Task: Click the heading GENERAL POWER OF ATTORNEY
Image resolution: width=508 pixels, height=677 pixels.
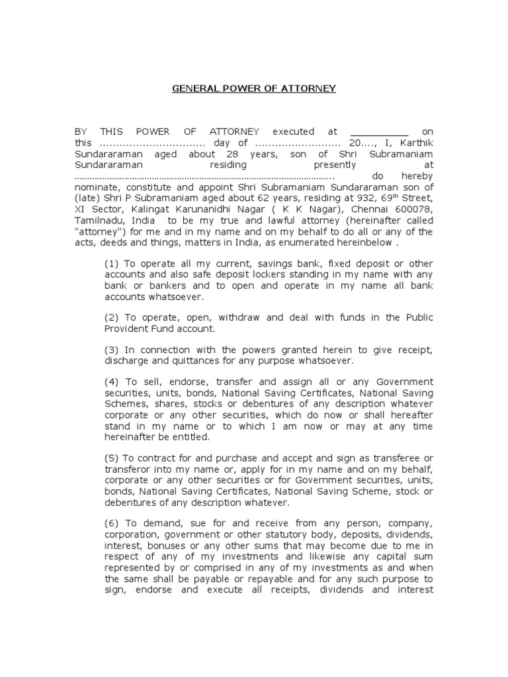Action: tap(254, 88)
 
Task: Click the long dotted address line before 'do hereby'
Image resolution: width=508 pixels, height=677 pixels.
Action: tap(205, 177)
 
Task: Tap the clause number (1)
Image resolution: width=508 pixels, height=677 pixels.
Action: tap(112, 264)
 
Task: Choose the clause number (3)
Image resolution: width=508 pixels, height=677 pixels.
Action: tap(112, 350)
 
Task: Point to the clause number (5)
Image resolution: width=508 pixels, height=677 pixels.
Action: tap(112, 458)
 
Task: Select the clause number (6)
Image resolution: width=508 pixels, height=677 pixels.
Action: tap(112, 523)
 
